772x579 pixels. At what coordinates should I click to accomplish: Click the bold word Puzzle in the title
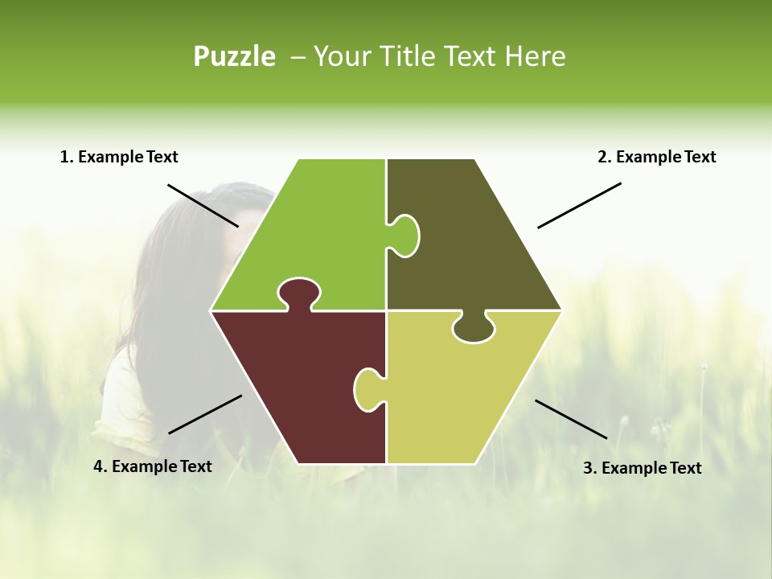click(x=234, y=56)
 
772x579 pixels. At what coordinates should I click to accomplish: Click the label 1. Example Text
click(x=119, y=157)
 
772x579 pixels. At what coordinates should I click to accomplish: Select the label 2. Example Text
click(x=656, y=157)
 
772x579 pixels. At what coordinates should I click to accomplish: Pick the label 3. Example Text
click(x=642, y=468)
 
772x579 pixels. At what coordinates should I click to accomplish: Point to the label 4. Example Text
click(x=153, y=466)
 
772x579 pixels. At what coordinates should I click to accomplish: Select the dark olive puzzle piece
click(x=474, y=241)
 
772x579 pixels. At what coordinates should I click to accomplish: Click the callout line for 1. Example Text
click(x=203, y=205)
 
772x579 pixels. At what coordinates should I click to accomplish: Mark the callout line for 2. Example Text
click(x=579, y=205)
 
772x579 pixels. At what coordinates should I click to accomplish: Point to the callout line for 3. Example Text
click(x=571, y=419)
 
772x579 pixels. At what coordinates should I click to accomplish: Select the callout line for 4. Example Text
click(x=205, y=414)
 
